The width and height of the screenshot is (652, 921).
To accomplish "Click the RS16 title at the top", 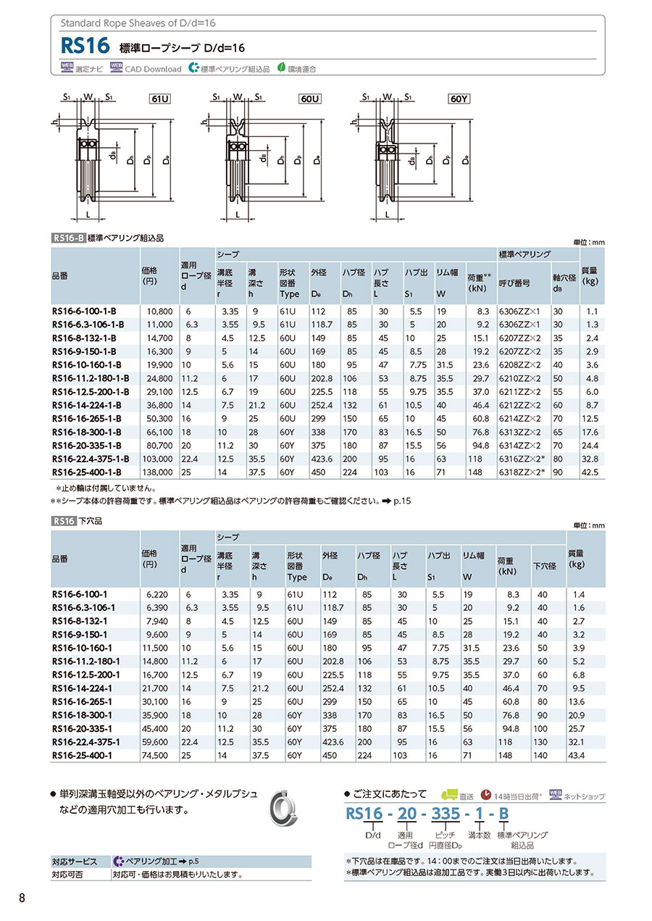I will click(x=85, y=47).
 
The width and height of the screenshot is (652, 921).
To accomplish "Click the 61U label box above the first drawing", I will click(x=160, y=98).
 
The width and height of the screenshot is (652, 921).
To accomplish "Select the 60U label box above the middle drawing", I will click(x=310, y=98).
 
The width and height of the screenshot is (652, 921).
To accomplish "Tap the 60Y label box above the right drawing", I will click(x=459, y=98).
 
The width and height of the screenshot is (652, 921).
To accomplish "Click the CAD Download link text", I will click(x=153, y=69).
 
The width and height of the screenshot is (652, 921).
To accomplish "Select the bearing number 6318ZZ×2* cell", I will click(x=522, y=472).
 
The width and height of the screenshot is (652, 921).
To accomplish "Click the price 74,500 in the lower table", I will click(x=156, y=755).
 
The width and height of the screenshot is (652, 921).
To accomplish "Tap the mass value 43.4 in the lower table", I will click(x=577, y=755).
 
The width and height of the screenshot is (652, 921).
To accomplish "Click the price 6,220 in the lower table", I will click(x=156, y=593).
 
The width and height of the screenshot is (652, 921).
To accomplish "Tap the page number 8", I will click(x=22, y=899).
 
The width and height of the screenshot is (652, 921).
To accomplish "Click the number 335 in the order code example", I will click(x=445, y=813).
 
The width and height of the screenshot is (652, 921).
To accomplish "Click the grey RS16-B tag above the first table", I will click(x=68, y=238).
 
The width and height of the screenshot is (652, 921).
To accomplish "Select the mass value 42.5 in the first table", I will click(x=591, y=472).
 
